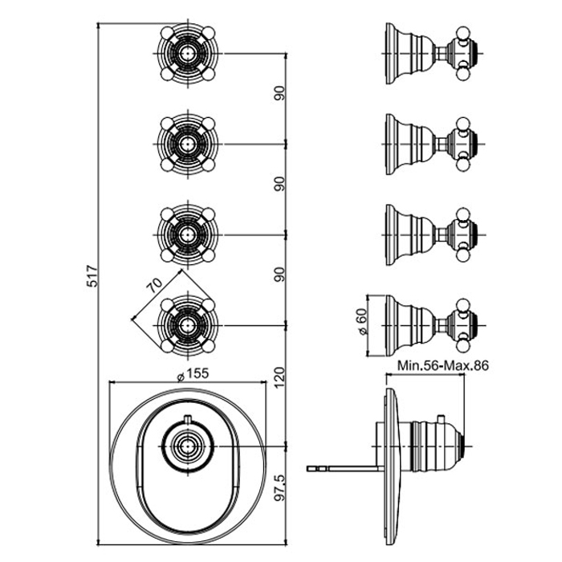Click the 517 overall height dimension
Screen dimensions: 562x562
(x=92, y=276)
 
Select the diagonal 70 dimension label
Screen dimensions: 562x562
(x=154, y=285)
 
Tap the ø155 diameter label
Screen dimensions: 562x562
(x=193, y=374)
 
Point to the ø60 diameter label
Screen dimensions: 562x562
(x=362, y=321)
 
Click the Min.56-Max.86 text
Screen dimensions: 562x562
(x=443, y=365)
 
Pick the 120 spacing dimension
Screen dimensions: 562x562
(x=279, y=377)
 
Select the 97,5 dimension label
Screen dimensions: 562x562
(x=279, y=487)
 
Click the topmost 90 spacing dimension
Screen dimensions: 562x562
(x=279, y=93)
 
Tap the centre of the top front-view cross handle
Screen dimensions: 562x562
(x=187, y=54)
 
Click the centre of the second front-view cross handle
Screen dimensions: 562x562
(x=187, y=144)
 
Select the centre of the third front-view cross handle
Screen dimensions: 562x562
(x=187, y=234)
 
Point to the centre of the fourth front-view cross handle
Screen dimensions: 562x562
(x=187, y=325)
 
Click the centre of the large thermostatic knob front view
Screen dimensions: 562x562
(x=187, y=446)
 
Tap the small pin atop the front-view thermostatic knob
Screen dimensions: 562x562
(x=188, y=418)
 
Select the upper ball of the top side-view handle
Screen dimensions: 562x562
(x=462, y=32)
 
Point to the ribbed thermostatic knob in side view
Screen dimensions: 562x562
(x=438, y=446)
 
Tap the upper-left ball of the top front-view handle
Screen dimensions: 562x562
(x=167, y=33)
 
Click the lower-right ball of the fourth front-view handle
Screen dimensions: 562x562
(x=208, y=346)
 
